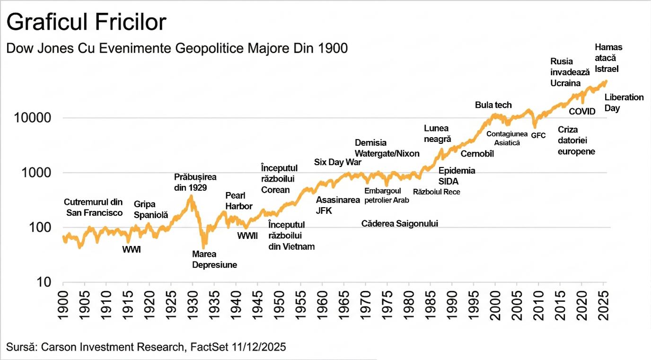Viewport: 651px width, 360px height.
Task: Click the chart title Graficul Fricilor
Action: (x=86, y=22)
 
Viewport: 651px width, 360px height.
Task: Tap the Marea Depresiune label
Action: (x=214, y=260)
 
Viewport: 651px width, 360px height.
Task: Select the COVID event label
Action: (x=582, y=112)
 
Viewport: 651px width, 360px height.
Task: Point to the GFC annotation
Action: (x=538, y=135)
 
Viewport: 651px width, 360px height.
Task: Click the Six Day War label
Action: (x=338, y=162)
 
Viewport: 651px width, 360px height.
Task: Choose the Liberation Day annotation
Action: (x=624, y=103)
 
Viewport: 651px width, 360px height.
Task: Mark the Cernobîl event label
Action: (x=477, y=153)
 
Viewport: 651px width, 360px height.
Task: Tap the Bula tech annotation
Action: (x=493, y=105)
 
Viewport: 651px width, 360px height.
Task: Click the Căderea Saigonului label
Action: (x=400, y=223)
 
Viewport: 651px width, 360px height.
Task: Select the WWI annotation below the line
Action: (x=132, y=249)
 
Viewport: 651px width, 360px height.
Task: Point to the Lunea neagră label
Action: (x=437, y=133)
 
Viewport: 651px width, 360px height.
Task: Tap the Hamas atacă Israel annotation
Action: (x=608, y=58)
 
